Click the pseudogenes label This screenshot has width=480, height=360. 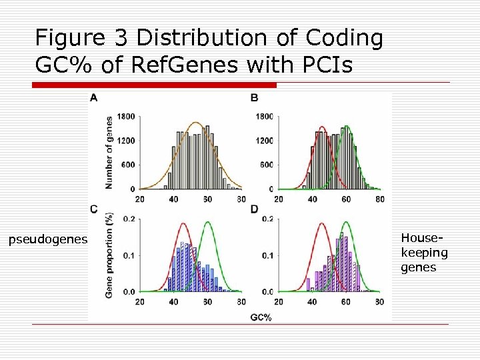tap(47, 239)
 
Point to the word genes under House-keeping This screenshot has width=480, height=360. tap(418, 267)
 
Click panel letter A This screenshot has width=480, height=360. tap(93, 98)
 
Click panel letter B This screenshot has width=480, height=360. tap(255, 98)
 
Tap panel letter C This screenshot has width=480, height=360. tap(94, 209)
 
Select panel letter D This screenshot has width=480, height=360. tap(255, 209)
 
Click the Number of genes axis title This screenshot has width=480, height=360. tap(108, 152)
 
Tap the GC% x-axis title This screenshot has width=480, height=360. tap(263, 317)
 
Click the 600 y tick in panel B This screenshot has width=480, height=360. tap(267, 165)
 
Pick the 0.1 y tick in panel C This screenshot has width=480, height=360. tap(129, 255)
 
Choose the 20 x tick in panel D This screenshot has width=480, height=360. tap(278, 302)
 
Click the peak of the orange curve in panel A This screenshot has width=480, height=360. tap(195, 123)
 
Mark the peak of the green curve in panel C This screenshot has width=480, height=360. tap(209, 222)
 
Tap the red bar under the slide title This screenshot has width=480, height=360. tap(154, 85)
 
